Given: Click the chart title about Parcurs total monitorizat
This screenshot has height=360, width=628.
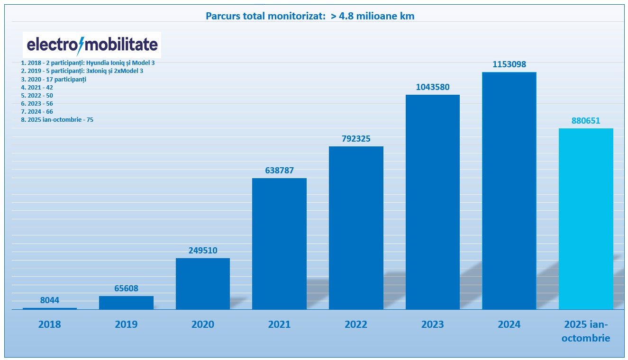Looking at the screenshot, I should (310, 16).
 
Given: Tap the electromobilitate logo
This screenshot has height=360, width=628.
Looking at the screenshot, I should (92, 45).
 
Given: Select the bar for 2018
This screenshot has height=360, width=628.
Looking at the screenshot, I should (50, 308).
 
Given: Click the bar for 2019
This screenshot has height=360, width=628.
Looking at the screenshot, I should (126, 303).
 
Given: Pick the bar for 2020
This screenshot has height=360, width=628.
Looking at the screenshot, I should (203, 284).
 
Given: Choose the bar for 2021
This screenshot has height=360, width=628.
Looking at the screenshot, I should (279, 244).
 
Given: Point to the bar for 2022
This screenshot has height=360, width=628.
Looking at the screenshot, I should (356, 228).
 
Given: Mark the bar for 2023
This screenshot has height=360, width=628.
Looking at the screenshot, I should (433, 202).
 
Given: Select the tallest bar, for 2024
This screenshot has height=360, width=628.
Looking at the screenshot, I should (509, 191).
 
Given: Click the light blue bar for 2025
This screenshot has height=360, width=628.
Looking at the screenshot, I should (586, 219).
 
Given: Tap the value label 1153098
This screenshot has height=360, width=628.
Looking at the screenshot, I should (509, 64).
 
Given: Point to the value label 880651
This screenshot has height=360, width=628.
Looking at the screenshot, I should (586, 121).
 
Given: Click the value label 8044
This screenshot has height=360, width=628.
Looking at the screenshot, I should (50, 300).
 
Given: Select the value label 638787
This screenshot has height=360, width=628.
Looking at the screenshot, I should (279, 171).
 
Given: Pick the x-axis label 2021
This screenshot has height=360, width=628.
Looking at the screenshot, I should (279, 324).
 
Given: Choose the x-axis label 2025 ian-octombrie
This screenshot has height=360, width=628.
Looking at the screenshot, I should (586, 331).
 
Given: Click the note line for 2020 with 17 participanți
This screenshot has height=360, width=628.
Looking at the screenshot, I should (54, 79).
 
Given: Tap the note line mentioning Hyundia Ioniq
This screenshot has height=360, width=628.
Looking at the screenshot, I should (88, 63).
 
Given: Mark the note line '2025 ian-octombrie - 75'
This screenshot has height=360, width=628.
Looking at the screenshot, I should (57, 120).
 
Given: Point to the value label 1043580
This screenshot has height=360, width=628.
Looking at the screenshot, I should (433, 87).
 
